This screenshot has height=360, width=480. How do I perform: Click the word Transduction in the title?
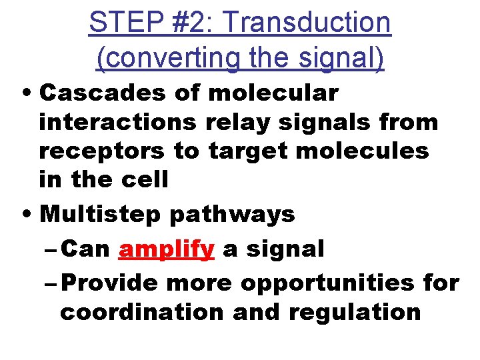[x=307, y=23]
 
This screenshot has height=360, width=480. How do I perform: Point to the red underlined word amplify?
[x=166, y=249]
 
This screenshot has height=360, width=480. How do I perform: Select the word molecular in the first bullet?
[x=273, y=93]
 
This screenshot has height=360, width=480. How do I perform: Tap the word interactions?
[x=118, y=122]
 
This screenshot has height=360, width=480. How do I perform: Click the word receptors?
[x=101, y=151]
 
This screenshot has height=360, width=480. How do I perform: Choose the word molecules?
[x=362, y=151]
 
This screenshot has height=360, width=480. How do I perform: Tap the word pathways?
[x=231, y=215]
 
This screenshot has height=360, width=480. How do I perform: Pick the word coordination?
[x=142, y=312]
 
